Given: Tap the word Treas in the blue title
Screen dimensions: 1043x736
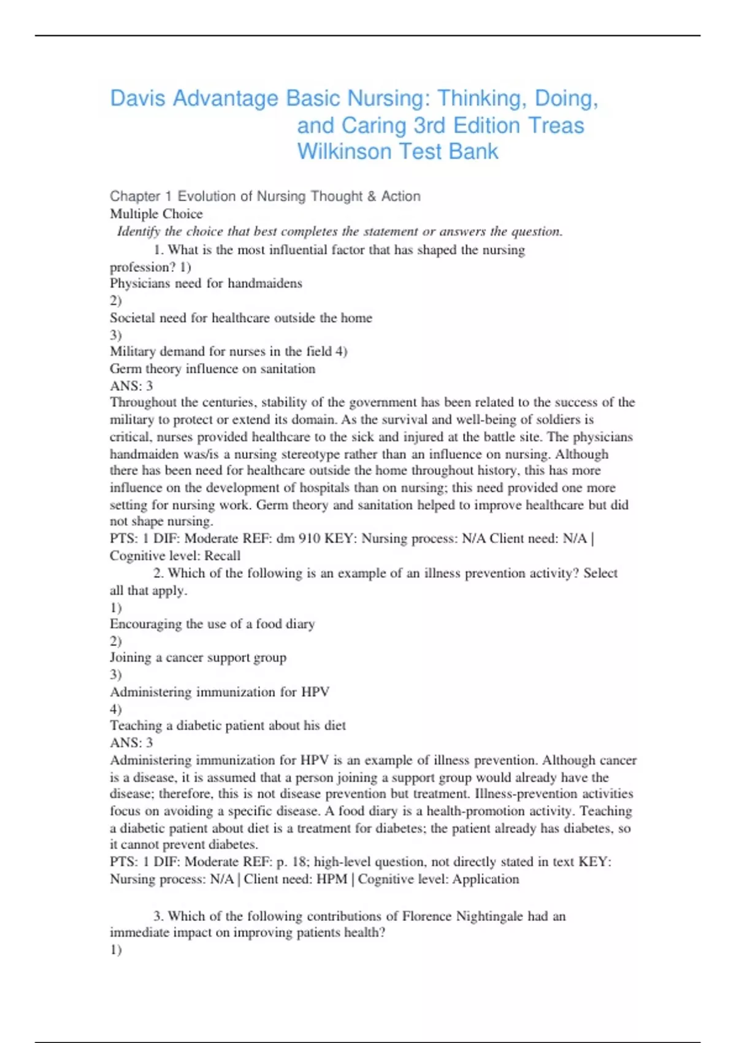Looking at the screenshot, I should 556,125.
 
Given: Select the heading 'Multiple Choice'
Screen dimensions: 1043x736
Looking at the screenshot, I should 156,214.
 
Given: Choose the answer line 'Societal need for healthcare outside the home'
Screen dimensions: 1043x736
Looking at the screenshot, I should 241,318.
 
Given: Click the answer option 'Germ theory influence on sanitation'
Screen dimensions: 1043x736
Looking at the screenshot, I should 212,369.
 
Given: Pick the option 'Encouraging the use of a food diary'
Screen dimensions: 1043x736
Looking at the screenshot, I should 212,624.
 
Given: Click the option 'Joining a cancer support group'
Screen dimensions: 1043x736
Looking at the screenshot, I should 198,658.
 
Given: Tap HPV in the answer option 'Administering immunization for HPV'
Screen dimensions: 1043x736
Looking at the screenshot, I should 315,692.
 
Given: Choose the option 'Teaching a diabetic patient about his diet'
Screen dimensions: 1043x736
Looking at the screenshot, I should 228,726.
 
